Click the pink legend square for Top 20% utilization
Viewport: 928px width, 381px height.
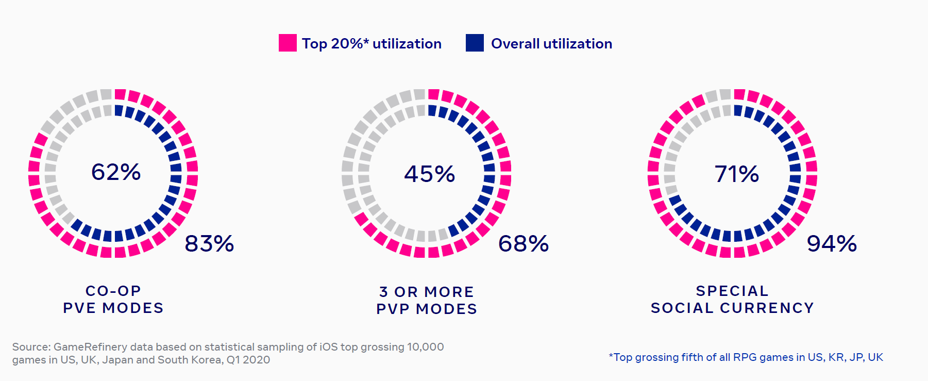(x=288, y=43)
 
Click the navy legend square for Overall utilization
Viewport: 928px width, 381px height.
(x=475, y=43)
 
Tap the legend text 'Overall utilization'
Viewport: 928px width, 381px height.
(x=551, y=44)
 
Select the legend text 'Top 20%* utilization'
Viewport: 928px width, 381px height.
(x=372, y=44)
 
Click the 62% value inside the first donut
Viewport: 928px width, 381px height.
(x=116, y=172)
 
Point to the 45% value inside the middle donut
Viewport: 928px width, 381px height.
(x=430, y=174)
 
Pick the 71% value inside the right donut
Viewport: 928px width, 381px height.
(x=737, y=174)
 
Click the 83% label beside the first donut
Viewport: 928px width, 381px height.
(x=209, y=244)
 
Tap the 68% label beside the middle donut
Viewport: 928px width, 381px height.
(x=524, y=244)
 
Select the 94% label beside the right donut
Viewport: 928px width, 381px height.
(x=832, y=244)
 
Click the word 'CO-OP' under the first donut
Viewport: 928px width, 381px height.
(x=113, y=291)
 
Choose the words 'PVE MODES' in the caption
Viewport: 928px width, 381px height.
(x=113, y=308)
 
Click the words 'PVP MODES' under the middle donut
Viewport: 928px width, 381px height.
(x=427, y=309)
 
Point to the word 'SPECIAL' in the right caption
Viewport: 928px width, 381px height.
(x=732, y=291)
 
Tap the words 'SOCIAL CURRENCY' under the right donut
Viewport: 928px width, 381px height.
(x=732, y=308)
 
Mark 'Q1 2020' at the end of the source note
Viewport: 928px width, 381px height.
(x=248, y=360)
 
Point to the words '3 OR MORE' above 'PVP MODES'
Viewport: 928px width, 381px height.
(x=427, y=292)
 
